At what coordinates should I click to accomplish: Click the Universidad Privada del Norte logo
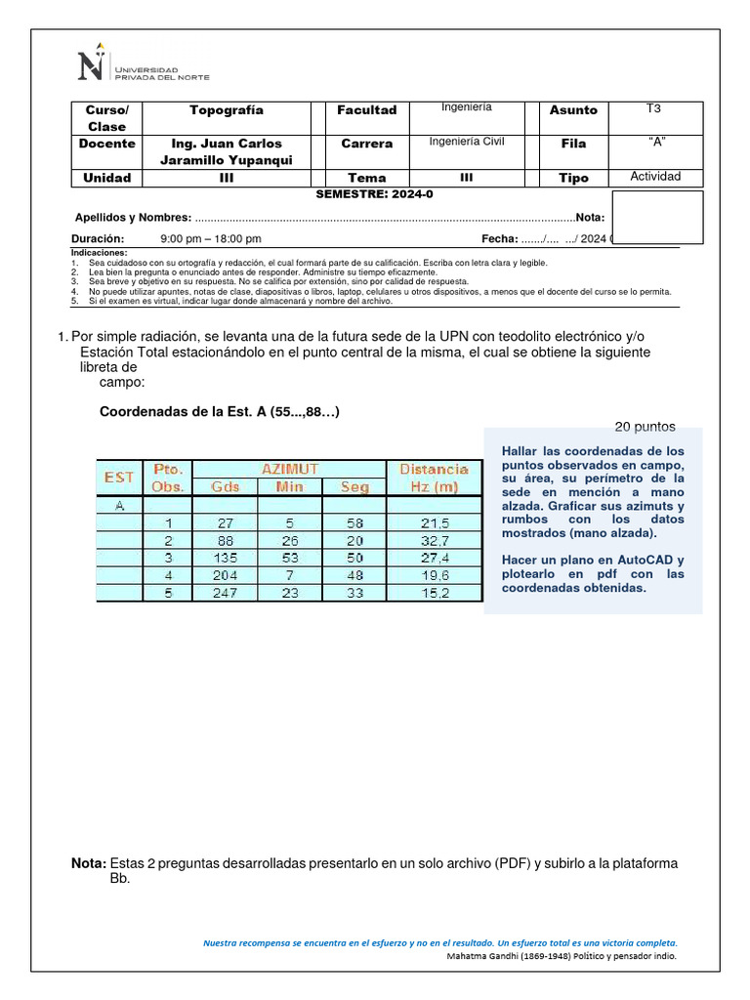click(x=142, y=66)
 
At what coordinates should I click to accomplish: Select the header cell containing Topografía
click(x=227, y=110)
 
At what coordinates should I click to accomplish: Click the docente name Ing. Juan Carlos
click(x=227, y=144)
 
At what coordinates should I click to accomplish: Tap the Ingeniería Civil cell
click(x=467, y=142)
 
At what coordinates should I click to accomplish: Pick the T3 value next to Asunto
click(x=653, y=109)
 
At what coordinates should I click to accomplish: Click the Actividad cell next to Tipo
click(x=655, y=177)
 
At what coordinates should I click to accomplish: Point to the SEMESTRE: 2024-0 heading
click(x=374, y=194)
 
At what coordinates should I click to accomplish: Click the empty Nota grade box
click(x=656, y=217)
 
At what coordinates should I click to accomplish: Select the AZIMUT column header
click(x=289, y=469)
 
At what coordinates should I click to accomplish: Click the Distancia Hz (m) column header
click(x=434, y=477)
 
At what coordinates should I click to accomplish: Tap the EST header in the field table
click(x=119, y=477)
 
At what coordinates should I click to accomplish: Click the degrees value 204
click(x=225, y=575)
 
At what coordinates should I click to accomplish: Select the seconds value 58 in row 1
click(x=354, y=522)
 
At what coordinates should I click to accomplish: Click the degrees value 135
click(x=225, y=558)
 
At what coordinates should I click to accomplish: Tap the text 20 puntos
click(x=645, y=427)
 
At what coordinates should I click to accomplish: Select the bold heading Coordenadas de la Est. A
click(x=220, y=411)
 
